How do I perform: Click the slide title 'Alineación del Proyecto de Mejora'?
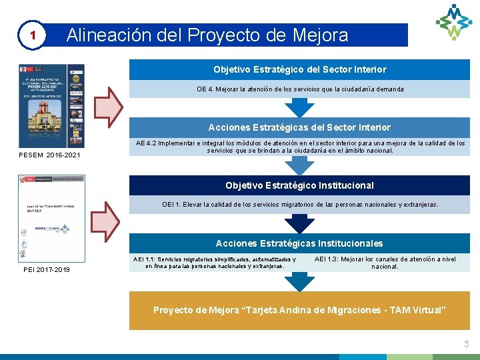pyautogui.click(x=207, y=35)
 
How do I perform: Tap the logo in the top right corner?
pyautogui.click(x=453, y=22)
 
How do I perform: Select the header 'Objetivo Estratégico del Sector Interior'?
pyautogui.click(x=299, y=69)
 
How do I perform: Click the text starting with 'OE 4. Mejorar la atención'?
pyautogui.click(x=299, y=89)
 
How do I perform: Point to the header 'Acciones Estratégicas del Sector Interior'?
pyautogui.click(x=299, y=127)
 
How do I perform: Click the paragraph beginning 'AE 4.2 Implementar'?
pyautogui.click(x=299, y=147)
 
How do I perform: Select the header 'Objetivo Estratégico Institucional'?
pyautogui.click(x=299, y=185)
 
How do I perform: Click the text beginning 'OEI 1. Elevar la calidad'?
pyautogui.click(x=299, y=205)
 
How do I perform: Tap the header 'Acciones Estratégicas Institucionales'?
pyautogui.click(x=299, y=243)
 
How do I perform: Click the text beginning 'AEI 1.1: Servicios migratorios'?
pyautogui.click(x=215, y=262)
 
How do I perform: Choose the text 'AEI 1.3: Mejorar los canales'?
pyautogui.click(x=385, y=262)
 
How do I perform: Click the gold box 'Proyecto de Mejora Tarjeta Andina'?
pyautogui.click(x=299, y=310)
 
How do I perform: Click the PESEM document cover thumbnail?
pyautogui.click(x=52, y=105)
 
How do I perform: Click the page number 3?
pyautogui.click(x=466, y=344)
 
